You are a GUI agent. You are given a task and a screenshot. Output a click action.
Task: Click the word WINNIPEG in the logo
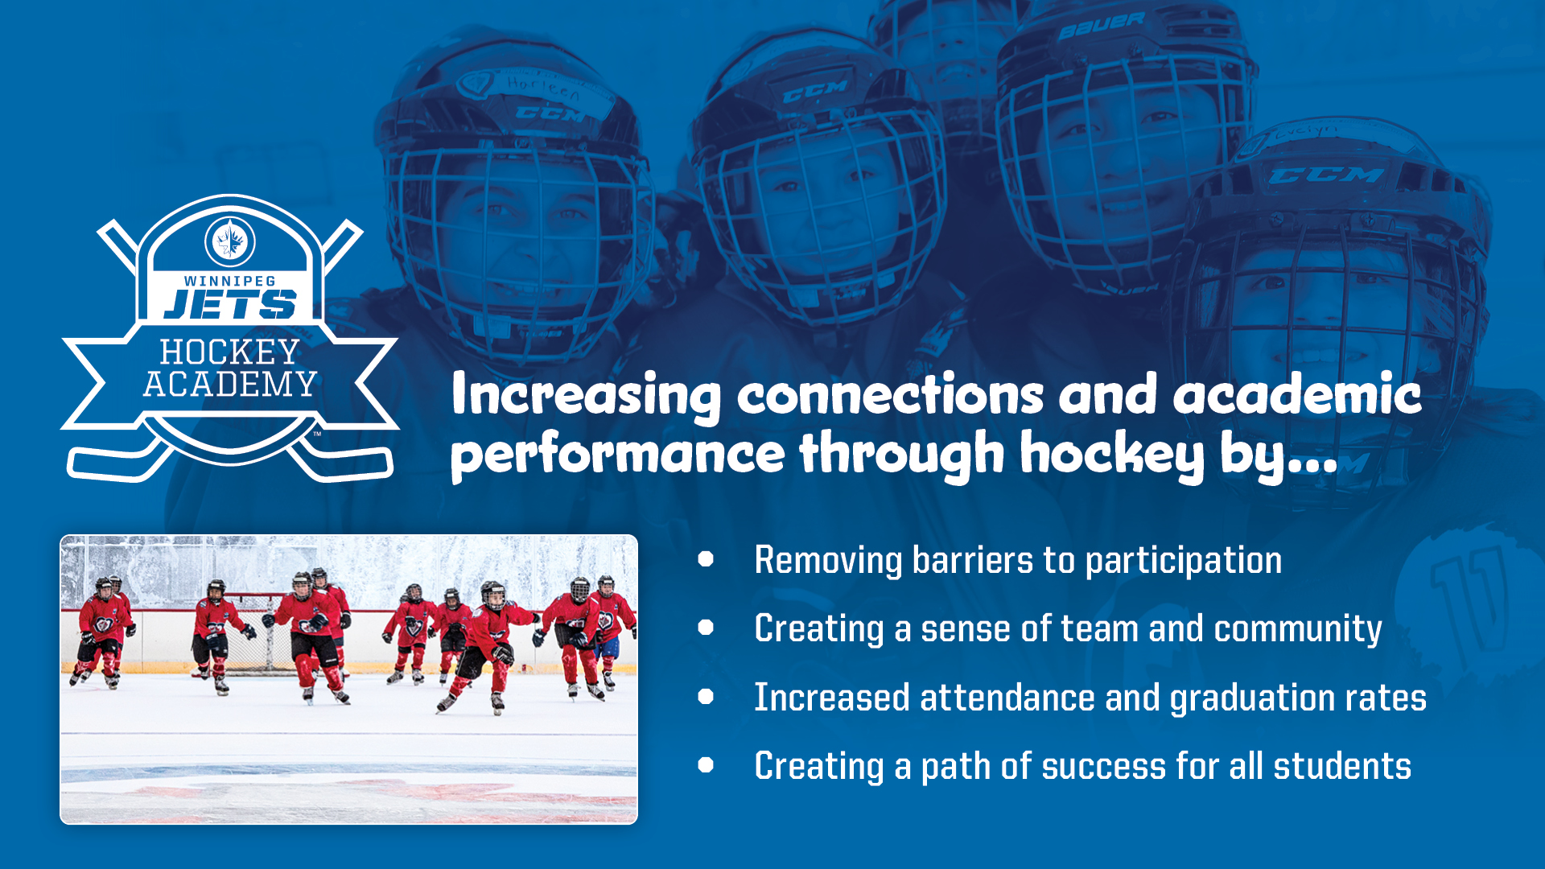pyautogui.click(x=230, y=281)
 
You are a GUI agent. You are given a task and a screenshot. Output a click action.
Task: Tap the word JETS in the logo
pyautogui.click(x=230, y=304)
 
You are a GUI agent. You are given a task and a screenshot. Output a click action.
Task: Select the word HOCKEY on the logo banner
pyautogui.click(x=230, y=352)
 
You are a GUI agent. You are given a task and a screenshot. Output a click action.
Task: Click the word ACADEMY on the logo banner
pyautogui.click(x=230, y=385)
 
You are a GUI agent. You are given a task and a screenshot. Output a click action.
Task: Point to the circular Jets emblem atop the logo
pyautogui.click(x=230, y=241)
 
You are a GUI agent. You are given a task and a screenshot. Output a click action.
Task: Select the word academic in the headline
pyautogui.click(x=1297, y=394)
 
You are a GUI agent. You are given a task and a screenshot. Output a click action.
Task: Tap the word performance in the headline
pyautogui.click(x=618, y=455)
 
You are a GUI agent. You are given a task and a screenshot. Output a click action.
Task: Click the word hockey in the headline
pyautogui.click(x=1112, y=455)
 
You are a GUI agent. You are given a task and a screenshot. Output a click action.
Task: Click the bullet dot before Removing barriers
pyautogui.click(x=707, y=559)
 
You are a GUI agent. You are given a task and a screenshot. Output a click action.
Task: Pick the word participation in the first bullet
pyautogui.click(x=1183, y=561)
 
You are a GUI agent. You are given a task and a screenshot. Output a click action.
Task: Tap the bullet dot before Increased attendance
pyautogui.click(x=707, y=696)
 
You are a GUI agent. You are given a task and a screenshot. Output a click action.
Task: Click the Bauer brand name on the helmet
pyautogui.click(x=1101, y=27)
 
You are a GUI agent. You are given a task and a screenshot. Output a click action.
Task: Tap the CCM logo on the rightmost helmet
pyautogui.click(x=1326, y=175)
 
